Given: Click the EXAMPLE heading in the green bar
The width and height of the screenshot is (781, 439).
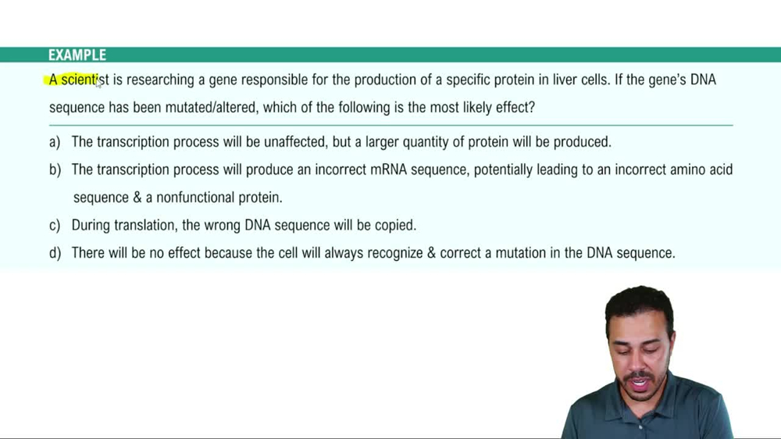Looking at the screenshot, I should [77, 55].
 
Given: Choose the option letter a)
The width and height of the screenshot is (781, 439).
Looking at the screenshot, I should [55, 142].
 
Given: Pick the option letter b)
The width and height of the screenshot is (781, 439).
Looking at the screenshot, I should [55, 170].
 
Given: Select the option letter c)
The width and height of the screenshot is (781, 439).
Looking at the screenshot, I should [55, 225].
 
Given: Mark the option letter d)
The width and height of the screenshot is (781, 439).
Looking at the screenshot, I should [55, 253].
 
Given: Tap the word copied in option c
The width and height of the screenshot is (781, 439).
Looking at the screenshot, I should [394, 225].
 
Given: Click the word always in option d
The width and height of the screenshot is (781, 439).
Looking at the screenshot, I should [330, 253].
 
